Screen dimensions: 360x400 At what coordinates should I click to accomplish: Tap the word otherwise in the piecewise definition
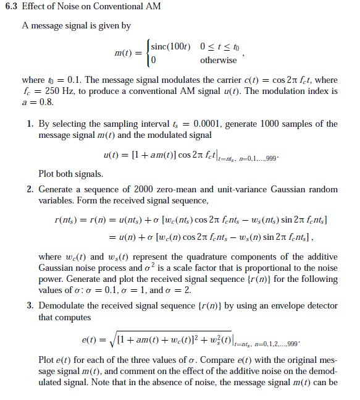pos(219,60)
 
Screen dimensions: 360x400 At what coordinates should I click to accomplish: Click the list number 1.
pos(30,124)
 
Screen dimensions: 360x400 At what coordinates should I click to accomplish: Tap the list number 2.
pos(30,189)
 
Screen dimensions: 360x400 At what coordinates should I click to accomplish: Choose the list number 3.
pos(30,306)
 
